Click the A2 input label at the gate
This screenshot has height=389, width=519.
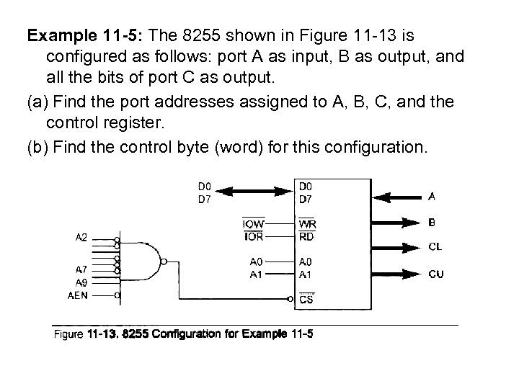81,236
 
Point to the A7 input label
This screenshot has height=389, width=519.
81,270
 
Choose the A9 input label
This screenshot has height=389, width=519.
81,282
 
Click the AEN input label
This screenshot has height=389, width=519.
79,295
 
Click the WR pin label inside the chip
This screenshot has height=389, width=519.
306,225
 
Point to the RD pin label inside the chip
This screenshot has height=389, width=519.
306,236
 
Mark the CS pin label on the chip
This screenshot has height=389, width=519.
306,300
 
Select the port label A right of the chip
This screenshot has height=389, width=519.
432,195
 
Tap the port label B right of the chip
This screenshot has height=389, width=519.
432,222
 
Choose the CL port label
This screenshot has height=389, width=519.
435,247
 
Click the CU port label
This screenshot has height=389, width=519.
435,274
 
